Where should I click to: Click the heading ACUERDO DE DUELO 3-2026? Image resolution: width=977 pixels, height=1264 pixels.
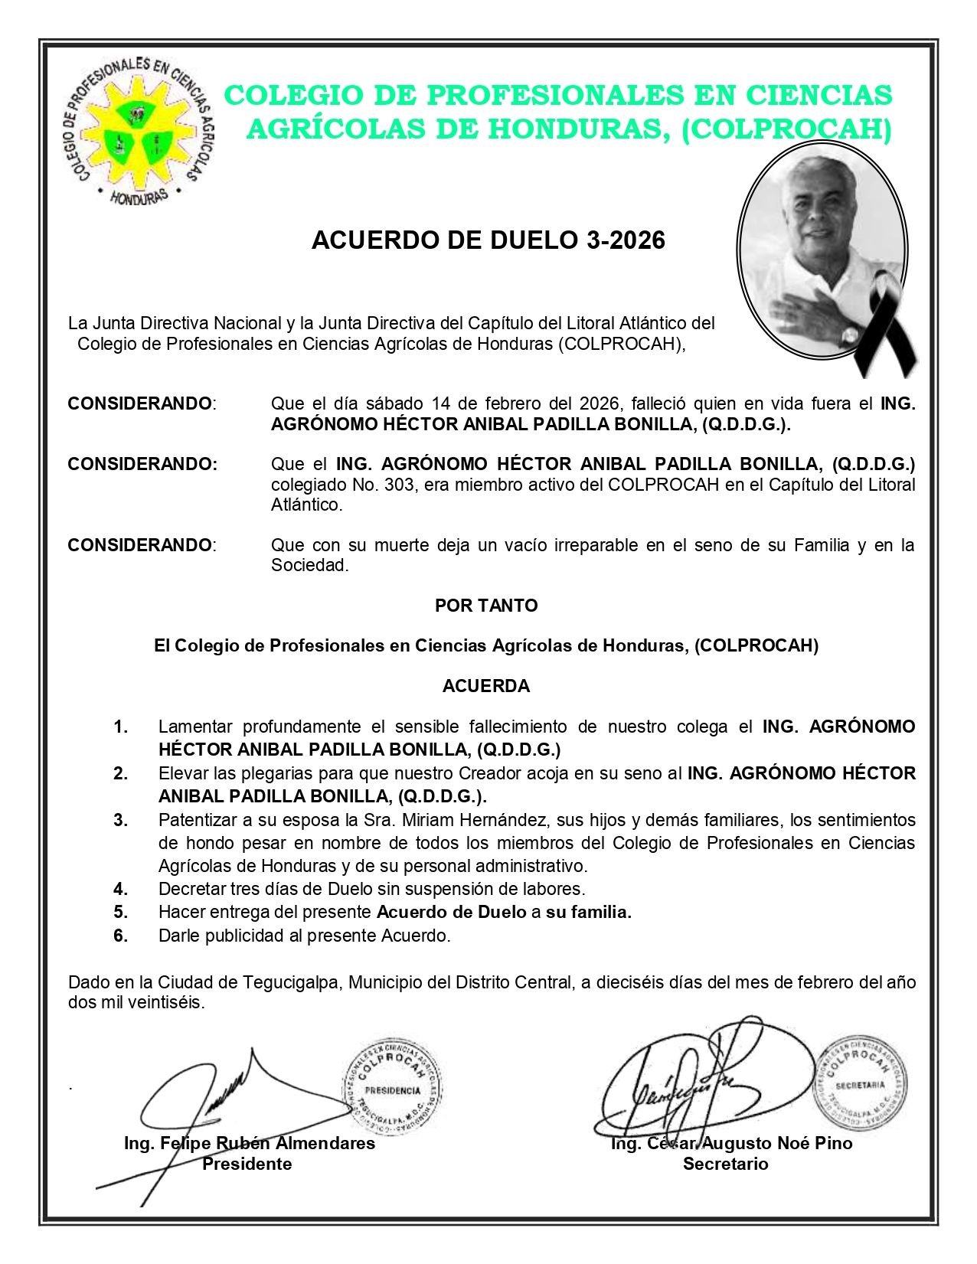[488, 240]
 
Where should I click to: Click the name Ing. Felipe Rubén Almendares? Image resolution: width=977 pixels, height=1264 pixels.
[250, 1144]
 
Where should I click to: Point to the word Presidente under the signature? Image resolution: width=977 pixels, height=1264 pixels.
[247, 1164]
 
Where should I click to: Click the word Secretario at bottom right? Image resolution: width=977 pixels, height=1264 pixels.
[725, 1164]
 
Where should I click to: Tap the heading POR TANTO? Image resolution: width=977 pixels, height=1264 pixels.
[486, 606]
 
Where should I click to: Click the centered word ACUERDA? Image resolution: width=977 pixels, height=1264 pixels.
[486, 686]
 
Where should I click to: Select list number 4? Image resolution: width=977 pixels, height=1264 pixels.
[121, 889]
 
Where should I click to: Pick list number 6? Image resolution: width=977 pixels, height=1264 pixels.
[121, 936]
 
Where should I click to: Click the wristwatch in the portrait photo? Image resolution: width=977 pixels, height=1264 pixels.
[848, 333]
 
